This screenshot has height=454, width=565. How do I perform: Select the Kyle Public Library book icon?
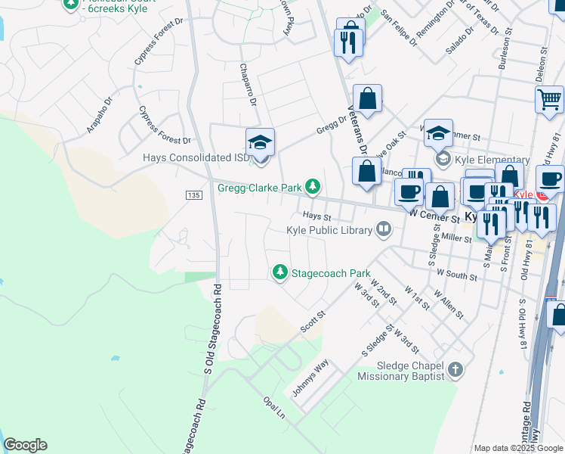pos(384,229)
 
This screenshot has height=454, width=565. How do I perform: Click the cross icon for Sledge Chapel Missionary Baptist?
pos(455,369)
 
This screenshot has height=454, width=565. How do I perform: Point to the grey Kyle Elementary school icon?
pos(443,159)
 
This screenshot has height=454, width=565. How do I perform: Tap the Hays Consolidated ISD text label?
pos(196,158)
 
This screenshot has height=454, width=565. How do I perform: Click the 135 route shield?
pos(193,195)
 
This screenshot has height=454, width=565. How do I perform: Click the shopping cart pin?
pos(549,99)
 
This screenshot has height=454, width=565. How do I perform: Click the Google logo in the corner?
pos(25,445)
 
